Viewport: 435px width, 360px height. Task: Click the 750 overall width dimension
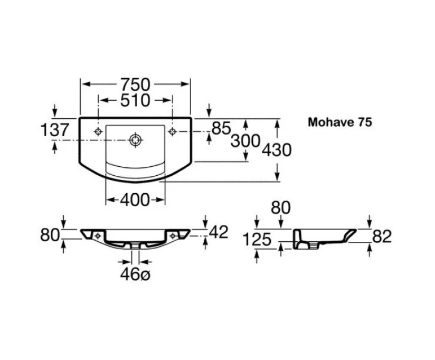pos(136,84)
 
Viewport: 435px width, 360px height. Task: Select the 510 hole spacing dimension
pos(135,100)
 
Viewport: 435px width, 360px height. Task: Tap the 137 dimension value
pos(55,130)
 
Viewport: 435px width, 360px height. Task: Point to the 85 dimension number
pos(221,128)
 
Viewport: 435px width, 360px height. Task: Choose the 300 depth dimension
pos(245,140)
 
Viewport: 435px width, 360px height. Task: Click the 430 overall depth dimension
pos(277,150)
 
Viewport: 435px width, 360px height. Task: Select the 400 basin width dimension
pos(135,200)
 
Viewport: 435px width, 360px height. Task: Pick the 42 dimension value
pos(219,232)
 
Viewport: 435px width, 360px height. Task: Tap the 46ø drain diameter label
pos(135,274)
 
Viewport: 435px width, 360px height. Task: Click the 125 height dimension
pos(257,239)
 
